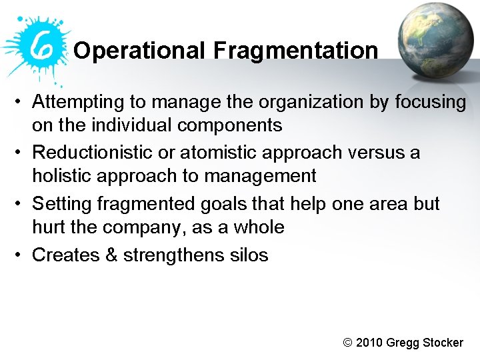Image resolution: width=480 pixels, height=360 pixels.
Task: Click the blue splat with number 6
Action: click(37, 45)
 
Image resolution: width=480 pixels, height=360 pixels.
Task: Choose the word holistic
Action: click(63, 176)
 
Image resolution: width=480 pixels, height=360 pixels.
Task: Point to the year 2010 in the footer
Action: click(369, 343)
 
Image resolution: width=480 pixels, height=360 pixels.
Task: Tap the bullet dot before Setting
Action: click(21, 204)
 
